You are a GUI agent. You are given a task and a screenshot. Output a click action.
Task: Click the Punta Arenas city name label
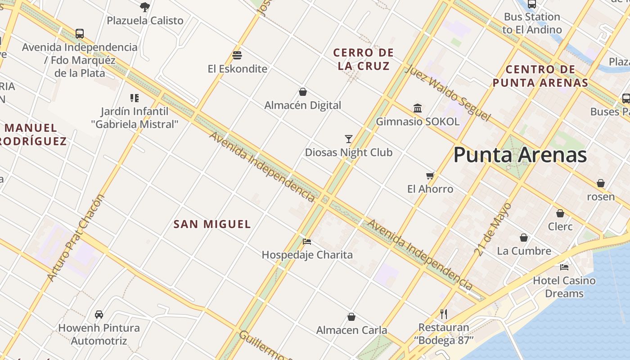point(520,155)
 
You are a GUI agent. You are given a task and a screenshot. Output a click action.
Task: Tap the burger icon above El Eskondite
point(237,55)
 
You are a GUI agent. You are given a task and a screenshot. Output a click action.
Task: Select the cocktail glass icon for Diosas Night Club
point(348,139)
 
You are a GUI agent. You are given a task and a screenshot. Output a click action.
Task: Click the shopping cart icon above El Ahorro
point(430,175)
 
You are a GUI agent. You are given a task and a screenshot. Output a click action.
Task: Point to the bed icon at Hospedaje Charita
point(307,242)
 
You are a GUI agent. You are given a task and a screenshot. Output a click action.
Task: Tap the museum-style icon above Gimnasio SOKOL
point(418,108)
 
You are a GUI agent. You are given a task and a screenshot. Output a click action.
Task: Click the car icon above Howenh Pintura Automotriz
point(99,315)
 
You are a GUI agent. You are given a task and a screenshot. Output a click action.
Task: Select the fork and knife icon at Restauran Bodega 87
point(444,314)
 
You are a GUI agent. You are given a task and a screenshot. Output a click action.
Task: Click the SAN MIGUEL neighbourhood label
point(212,224)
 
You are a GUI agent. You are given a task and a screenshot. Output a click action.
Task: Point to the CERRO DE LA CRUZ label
point(363,59)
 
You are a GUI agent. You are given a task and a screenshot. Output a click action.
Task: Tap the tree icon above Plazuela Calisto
point(144,7)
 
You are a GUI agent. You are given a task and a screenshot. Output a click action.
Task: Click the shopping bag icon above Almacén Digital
point(303,92)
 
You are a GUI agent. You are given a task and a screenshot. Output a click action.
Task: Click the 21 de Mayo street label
point(493,229)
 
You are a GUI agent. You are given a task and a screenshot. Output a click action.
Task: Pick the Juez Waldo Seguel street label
point(447,93)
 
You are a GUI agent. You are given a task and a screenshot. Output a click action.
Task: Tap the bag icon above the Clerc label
point(560,213)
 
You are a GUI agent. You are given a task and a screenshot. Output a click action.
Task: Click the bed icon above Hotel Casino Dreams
point(564,267)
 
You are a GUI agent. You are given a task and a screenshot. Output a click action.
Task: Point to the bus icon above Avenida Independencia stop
point(80,33)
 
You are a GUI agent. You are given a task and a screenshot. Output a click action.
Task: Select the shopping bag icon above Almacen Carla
point(351,317)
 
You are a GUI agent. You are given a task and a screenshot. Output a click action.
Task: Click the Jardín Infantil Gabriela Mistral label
point(135,118)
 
